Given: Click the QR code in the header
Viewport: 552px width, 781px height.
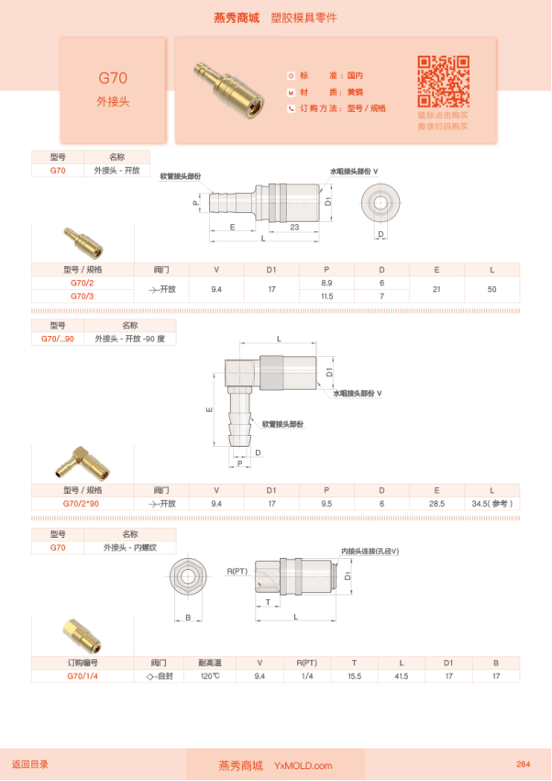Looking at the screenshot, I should (443, 81).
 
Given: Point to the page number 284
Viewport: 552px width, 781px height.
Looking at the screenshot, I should (524, 764).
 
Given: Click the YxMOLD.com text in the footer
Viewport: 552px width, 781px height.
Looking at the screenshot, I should (304, 765).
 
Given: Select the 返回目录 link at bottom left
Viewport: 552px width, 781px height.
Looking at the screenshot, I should (30, 764).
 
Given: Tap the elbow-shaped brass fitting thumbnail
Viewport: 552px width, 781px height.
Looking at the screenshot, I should (83, 464).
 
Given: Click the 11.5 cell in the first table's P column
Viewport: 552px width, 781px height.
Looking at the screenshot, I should (326, 296).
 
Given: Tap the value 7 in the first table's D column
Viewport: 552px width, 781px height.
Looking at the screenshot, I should (382, 296).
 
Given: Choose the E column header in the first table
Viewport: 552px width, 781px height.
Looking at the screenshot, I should (436, 270).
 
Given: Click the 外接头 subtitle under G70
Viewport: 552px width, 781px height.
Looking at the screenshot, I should (113, 102).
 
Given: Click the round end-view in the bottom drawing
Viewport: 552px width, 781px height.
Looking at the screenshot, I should (189, 577).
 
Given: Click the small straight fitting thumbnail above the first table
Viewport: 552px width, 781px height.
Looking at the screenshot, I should (83, 243).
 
